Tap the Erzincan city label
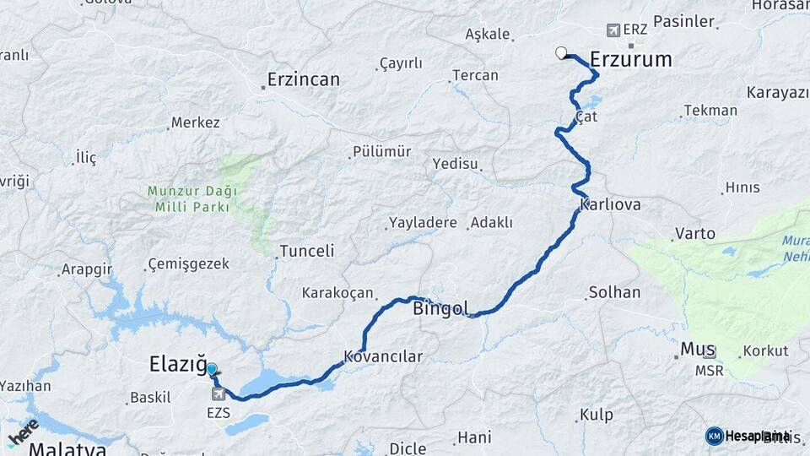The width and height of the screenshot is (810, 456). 303,79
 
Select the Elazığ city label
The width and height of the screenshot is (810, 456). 177,365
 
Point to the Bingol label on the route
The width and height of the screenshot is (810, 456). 440,309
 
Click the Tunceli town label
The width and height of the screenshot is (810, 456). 307,251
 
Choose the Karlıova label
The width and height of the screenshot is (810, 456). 611,205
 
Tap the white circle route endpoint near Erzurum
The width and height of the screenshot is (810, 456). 561,53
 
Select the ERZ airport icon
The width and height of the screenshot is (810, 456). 613,30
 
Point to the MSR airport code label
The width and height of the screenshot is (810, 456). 709,370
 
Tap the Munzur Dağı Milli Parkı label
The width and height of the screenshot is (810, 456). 192,198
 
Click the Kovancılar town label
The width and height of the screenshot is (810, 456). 383,356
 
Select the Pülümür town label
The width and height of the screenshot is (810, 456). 380,152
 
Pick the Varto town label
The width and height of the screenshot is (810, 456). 695,233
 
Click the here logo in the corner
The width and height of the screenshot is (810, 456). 22,431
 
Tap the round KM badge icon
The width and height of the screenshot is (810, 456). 714,436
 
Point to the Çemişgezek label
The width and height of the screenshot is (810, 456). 188,264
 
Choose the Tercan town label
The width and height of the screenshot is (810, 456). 475,75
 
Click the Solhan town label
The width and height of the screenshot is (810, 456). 613,292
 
